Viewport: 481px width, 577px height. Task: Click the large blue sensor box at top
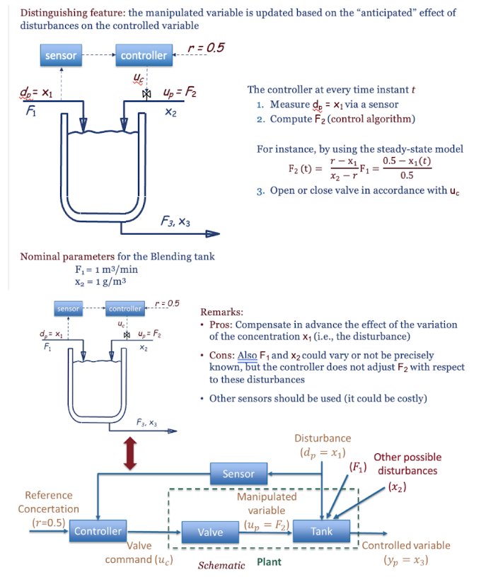pyautogui.click(x=61, y=55)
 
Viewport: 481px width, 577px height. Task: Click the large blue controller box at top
pyautogui.click(x=144, y=55)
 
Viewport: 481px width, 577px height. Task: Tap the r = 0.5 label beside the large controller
pyautogui.click(x=207, y=47)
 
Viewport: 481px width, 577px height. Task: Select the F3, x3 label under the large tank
pyautogui.click(x=175, y=221)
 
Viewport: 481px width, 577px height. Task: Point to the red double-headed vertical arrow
pyautogui.click(x=129, y=453)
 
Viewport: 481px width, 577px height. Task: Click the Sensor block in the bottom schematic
pyautogui.click(x=238, y=474)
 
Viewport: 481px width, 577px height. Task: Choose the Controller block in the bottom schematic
pyautogui.click(x=98, y=531)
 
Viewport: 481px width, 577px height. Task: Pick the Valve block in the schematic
pyautogui.click(x=210, y=532)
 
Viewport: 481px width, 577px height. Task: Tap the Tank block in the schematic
pyautogui.click(x=322, y=531)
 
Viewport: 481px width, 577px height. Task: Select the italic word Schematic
pyautogui.click(x=221, y=565)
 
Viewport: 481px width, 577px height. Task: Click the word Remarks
pyautogui.click(x=221, y=312)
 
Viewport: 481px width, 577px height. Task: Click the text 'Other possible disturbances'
pyautogui.click(x=407, y=464)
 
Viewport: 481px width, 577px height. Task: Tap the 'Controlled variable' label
pyautogui.click(x=406, y=545)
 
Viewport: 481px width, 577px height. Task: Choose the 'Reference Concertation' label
pyautogui.click(x=49, y=502)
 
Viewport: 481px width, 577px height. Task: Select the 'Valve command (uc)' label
pyautogui.click(x=139, y=552)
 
